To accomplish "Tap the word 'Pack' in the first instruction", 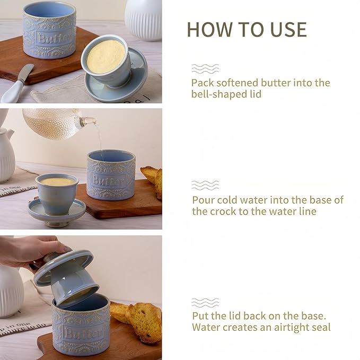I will [203, 83].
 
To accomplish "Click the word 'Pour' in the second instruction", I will [204, 200].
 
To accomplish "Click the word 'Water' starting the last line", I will [206, 327].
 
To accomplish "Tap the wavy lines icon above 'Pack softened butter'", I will [205, 68].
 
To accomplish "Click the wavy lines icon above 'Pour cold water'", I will [205, 185].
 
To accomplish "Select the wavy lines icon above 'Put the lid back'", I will [205, 302].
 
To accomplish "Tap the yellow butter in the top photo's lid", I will [106, 56].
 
